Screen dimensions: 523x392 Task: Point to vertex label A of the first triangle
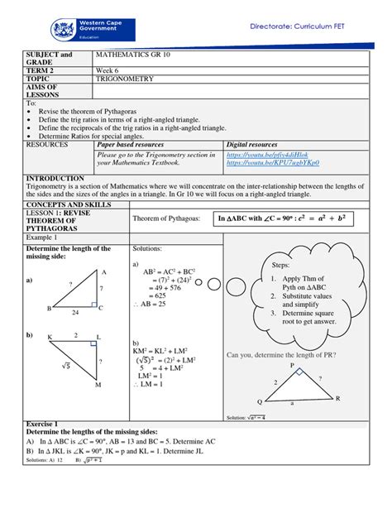click(104, 271)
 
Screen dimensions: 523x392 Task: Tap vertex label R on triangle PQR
click(337, 398)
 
